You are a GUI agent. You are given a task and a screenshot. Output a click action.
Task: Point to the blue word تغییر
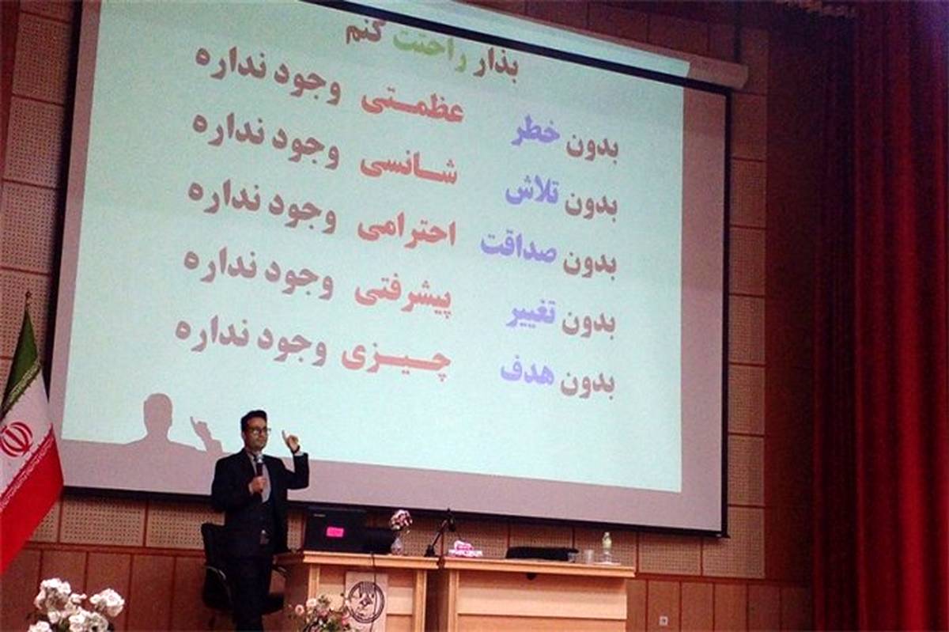point(533,312)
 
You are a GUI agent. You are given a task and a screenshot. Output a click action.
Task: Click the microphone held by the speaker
point(259,468)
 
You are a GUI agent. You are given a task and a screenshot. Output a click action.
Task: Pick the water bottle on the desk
point(607,547)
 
